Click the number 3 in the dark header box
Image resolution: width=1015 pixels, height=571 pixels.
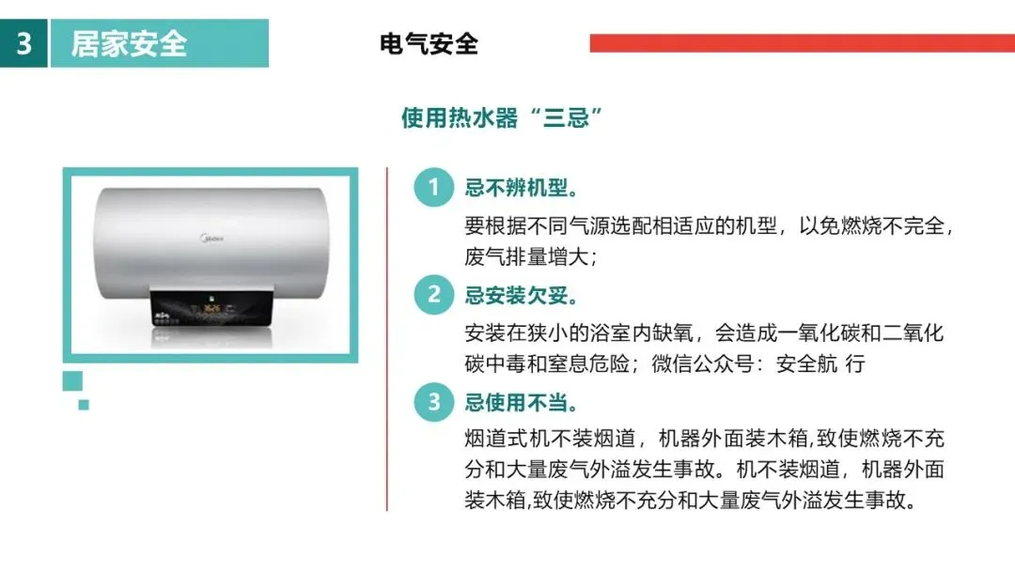23,44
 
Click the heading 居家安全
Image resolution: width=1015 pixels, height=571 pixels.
129,44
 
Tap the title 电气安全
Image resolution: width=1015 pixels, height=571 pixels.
429,44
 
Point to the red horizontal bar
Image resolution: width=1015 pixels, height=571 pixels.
802,42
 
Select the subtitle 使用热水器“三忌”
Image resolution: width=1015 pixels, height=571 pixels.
502,117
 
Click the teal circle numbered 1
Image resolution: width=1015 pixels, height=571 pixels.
433,188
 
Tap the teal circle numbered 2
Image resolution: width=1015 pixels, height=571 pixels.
433,295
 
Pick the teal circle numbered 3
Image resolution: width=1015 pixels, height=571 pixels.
433,402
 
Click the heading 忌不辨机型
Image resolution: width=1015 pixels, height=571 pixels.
521,188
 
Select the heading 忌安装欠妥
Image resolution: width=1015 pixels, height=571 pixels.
521,296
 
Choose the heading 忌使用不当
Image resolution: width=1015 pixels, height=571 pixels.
521,403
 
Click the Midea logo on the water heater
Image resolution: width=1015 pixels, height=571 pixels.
211,239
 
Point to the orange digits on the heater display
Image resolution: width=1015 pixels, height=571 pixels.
212,308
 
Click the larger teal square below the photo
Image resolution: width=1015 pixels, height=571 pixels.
72,381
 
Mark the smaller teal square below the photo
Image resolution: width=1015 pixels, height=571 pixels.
84,405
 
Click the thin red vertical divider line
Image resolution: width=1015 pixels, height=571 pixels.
387,339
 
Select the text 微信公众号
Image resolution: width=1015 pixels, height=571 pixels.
703,364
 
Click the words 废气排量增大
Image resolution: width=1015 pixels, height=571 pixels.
525,256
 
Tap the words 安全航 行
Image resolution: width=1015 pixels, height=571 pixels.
820,364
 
